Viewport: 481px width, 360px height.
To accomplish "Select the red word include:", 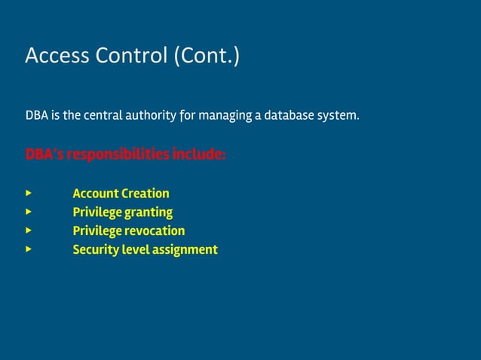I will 199,155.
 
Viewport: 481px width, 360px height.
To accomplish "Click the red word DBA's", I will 44,155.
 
